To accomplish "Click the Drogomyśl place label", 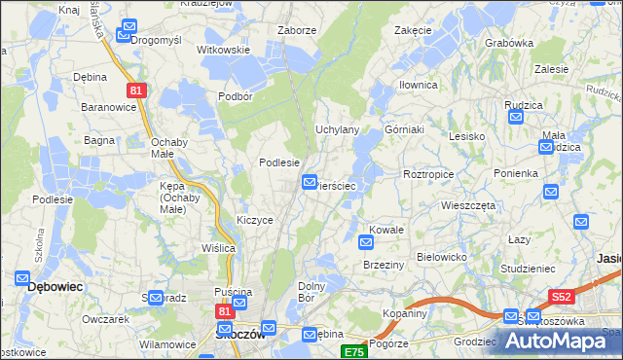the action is coord(164,40).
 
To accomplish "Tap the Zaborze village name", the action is coord(297,30).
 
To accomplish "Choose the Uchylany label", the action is coord(338,129).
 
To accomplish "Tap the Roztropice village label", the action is coord(428,173).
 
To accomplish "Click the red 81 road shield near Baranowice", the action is coord(136,90).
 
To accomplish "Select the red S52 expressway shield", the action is coord(561,297).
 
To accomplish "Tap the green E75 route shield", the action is coord(353,352).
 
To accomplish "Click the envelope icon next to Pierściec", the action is coord(310,181).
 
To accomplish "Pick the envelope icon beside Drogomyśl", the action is coord(124,35).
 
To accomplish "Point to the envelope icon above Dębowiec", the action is coord(23,278).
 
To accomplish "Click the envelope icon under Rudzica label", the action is coord(516,117).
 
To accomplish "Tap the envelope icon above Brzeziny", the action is coord(366,242).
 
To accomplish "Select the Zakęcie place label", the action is coord(413,30).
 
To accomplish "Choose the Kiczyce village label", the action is coord(255,220).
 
